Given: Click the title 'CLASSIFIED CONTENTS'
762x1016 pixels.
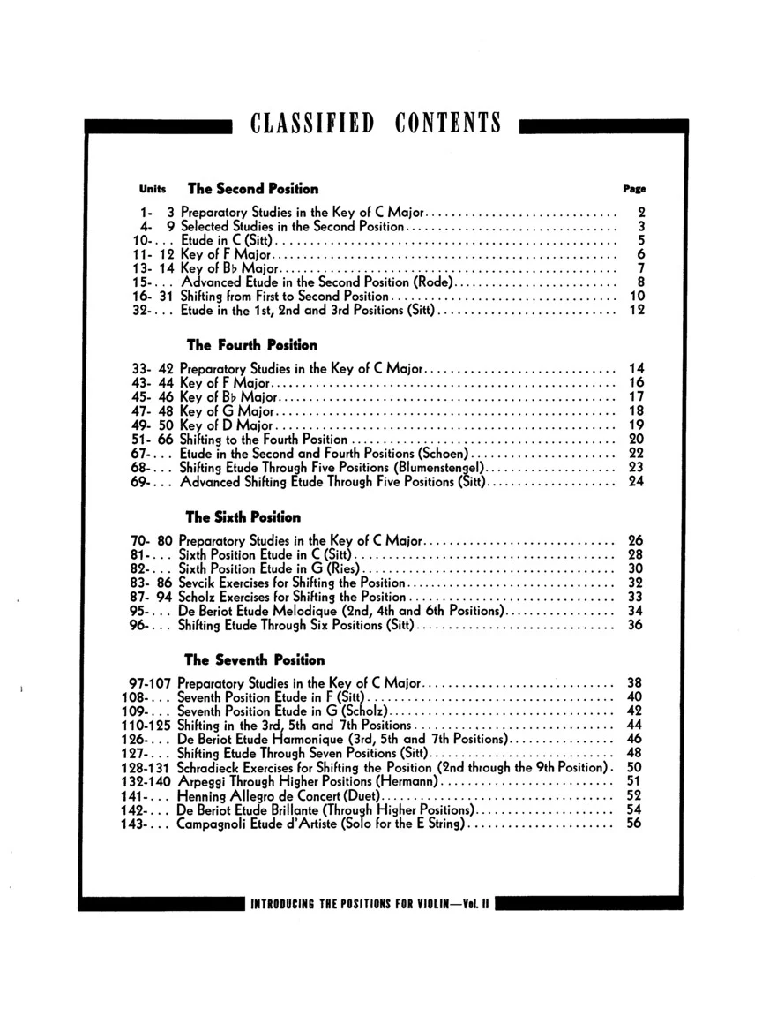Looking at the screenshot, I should tap(376, 122).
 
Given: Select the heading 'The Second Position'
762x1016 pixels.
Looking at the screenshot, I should tap(253, 188).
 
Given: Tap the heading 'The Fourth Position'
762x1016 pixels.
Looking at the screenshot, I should tap(251, 344).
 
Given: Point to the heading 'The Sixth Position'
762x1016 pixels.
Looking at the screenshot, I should tap(243, 517).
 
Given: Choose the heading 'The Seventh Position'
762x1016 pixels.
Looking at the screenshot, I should tap(254, 659).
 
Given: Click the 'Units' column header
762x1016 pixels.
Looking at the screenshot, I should tap(152, 189).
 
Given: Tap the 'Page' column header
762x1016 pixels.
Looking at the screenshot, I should tap(634, 189).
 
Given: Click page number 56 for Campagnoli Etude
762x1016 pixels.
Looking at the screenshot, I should tap(634, 824).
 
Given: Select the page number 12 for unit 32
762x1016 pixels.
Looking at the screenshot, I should tap(636, 310).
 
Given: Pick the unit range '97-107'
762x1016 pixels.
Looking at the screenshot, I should tap(150, 683).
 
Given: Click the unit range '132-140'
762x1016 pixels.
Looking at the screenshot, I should tap(146, 782).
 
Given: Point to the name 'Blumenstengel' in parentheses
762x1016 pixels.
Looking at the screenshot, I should tap(442, 467).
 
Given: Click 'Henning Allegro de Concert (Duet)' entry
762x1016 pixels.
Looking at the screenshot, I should tap(272, 796).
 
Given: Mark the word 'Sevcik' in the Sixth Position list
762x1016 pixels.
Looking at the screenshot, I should tap(197, 583).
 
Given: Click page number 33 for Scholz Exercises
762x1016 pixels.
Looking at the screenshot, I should tap(634, 598).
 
